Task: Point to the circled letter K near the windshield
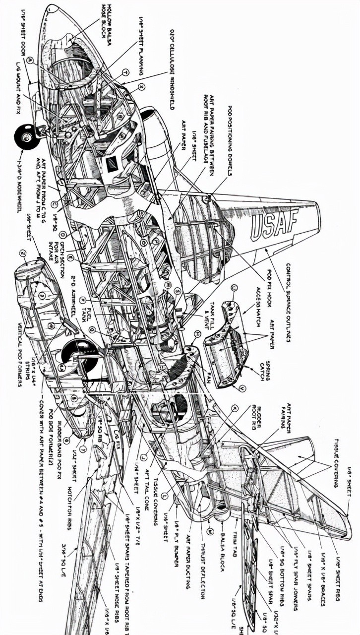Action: click(142, 86)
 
